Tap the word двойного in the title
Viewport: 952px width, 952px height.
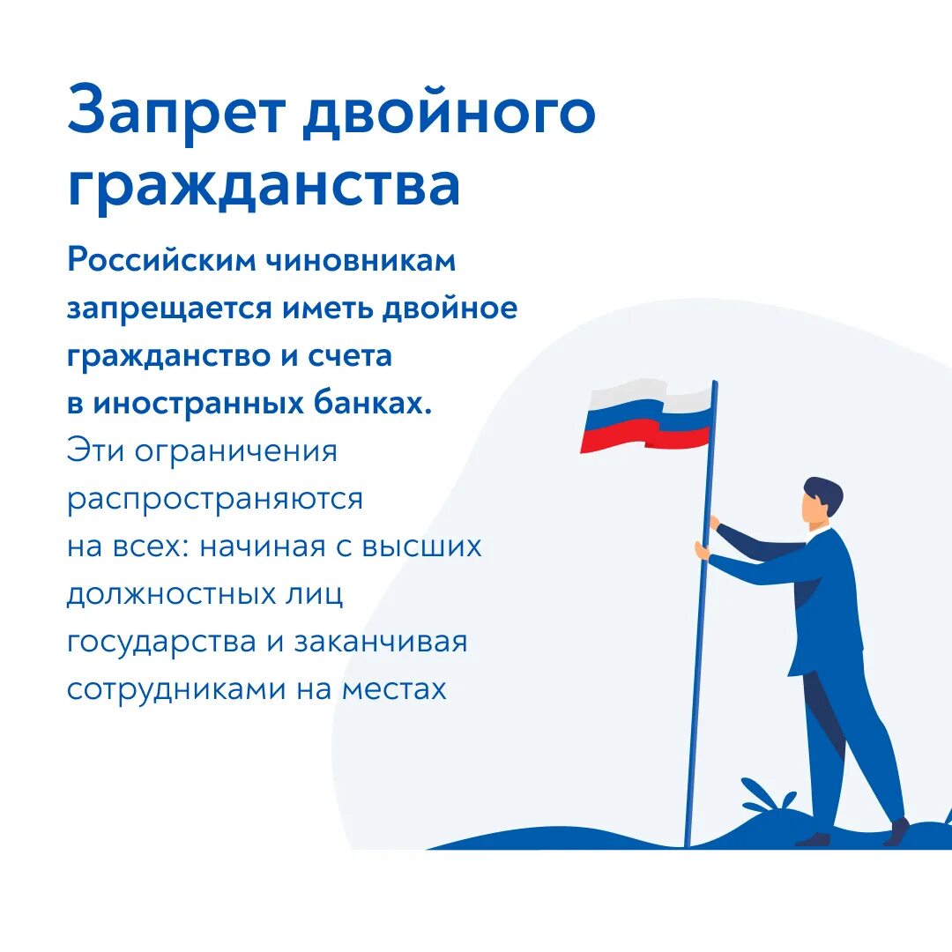click(x=449, y=113)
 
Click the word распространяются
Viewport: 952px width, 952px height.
click(x=215, y=500)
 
